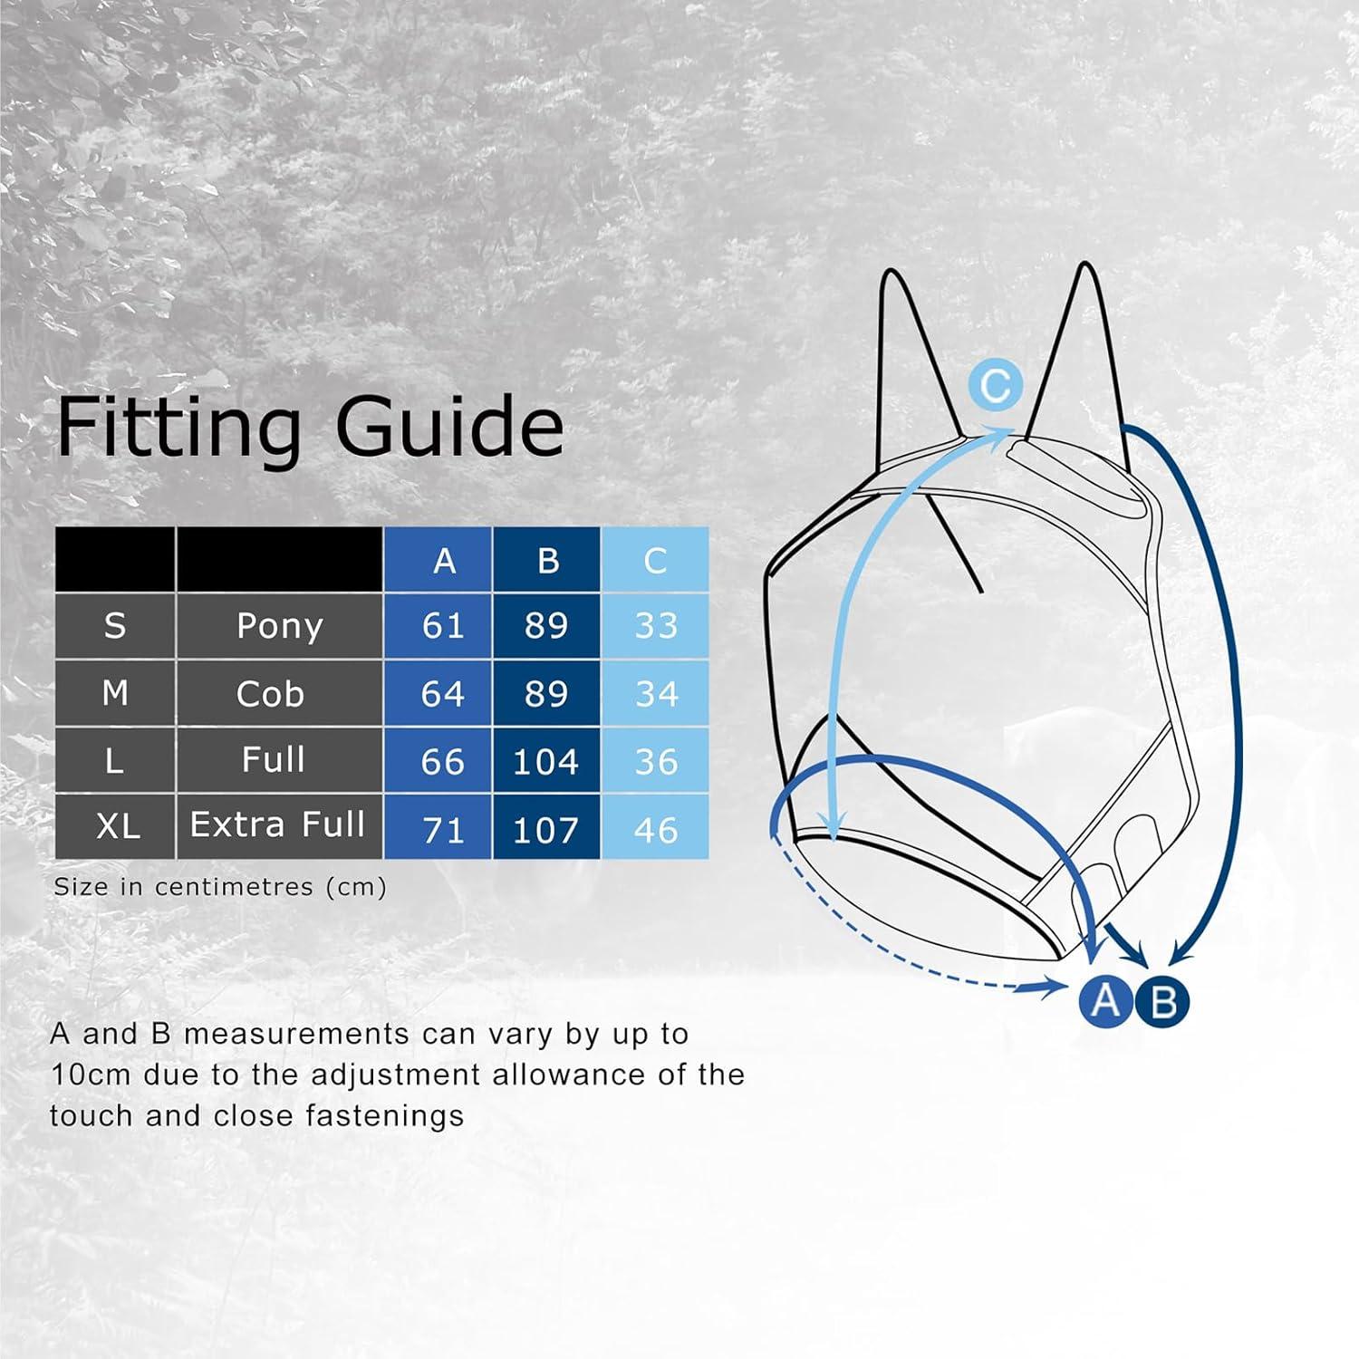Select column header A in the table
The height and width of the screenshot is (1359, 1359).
[444, 562]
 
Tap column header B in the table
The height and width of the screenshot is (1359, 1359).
[547, 562]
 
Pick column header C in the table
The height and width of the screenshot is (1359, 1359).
[655, 562]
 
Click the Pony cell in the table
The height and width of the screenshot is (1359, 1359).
[279, 626]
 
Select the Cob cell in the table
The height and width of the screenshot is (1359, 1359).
[270, 694]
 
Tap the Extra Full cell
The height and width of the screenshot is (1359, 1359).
[277, 824]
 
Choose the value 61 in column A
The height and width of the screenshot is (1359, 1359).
[443, 626]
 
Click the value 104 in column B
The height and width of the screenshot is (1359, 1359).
[545, 762]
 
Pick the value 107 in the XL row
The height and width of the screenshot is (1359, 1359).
[545, 830]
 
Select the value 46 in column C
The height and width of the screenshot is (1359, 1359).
[656, 830]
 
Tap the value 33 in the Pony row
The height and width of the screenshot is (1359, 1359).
[656, 626]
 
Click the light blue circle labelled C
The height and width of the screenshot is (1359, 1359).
[995, 385]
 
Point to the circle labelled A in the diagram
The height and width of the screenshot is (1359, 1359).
[1105, 1001]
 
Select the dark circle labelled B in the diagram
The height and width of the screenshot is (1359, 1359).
[1163, 1001]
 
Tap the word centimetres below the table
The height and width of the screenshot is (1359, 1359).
[234, 887]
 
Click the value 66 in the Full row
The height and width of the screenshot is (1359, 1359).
[443, 762]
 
